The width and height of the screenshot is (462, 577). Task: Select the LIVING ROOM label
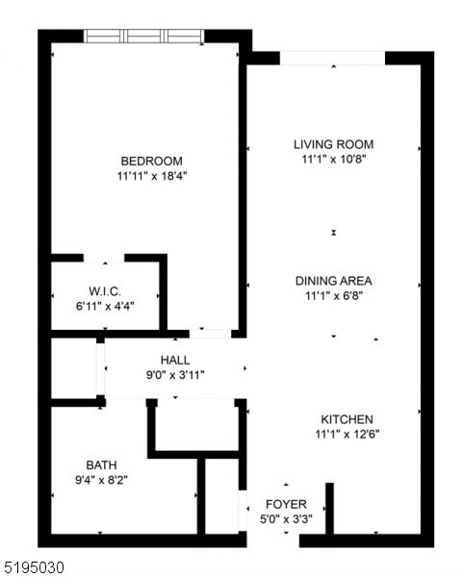pos(333,144)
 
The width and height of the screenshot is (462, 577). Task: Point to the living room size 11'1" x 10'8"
pos(333,160)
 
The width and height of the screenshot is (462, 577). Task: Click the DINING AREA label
pos(333,281)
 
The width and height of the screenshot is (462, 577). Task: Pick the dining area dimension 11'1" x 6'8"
pos(333,297)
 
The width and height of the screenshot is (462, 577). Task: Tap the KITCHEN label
pos(346,419)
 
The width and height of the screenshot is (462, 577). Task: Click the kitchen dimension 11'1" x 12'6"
pos(346,436)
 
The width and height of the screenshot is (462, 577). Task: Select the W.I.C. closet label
pos(104,290)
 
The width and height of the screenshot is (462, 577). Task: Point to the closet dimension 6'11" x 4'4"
pos(104,306)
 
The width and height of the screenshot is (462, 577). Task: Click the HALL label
pos(174,360)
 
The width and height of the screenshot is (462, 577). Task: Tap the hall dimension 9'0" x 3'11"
pos(174,375)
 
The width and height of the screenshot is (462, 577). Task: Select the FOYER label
pos(286,504)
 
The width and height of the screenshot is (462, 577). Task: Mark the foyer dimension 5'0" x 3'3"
pos(286,519)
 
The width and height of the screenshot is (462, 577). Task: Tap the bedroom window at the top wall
pos(144,36)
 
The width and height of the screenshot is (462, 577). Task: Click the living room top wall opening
pos(333,58)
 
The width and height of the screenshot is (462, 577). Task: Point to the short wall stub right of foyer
pos(328,508)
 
